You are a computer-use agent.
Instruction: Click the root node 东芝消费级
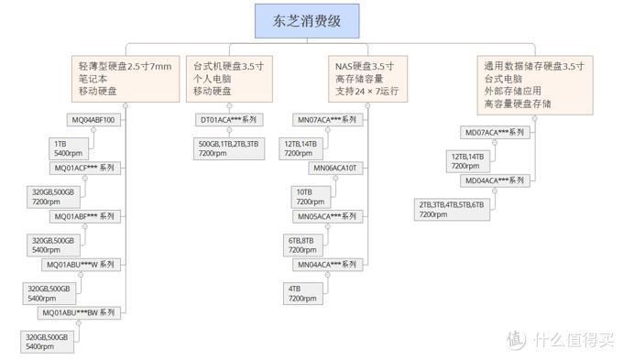(x=307, y=21)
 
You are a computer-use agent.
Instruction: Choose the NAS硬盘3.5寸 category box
(x=364, y=79)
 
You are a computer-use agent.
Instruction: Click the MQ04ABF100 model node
(x=93, y=120)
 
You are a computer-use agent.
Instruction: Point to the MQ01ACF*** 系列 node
(x=83, y=169)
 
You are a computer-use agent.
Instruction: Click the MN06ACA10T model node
(x=335, y=169)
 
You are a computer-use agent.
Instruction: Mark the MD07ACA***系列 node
(x=496, y=133)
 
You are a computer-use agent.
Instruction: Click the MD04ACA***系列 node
(x=496, y=181)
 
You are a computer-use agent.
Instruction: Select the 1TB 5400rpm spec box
(x=67, y=148)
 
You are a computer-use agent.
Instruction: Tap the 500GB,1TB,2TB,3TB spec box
(x=229, y=148)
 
